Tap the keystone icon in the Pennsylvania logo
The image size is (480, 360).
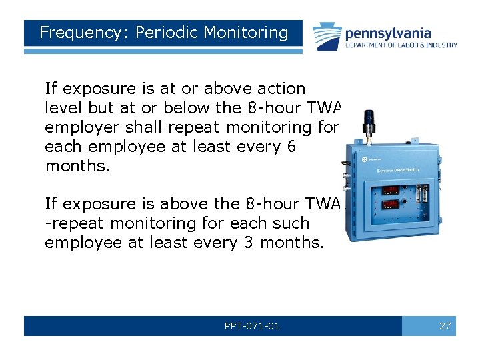(326, 36)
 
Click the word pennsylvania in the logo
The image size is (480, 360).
(387, 33)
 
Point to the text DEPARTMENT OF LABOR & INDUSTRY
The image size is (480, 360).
(401, 45)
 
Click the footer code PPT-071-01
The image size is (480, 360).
(253, 326)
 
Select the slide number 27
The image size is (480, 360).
(445, 326)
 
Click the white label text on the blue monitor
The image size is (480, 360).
(399, 171)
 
